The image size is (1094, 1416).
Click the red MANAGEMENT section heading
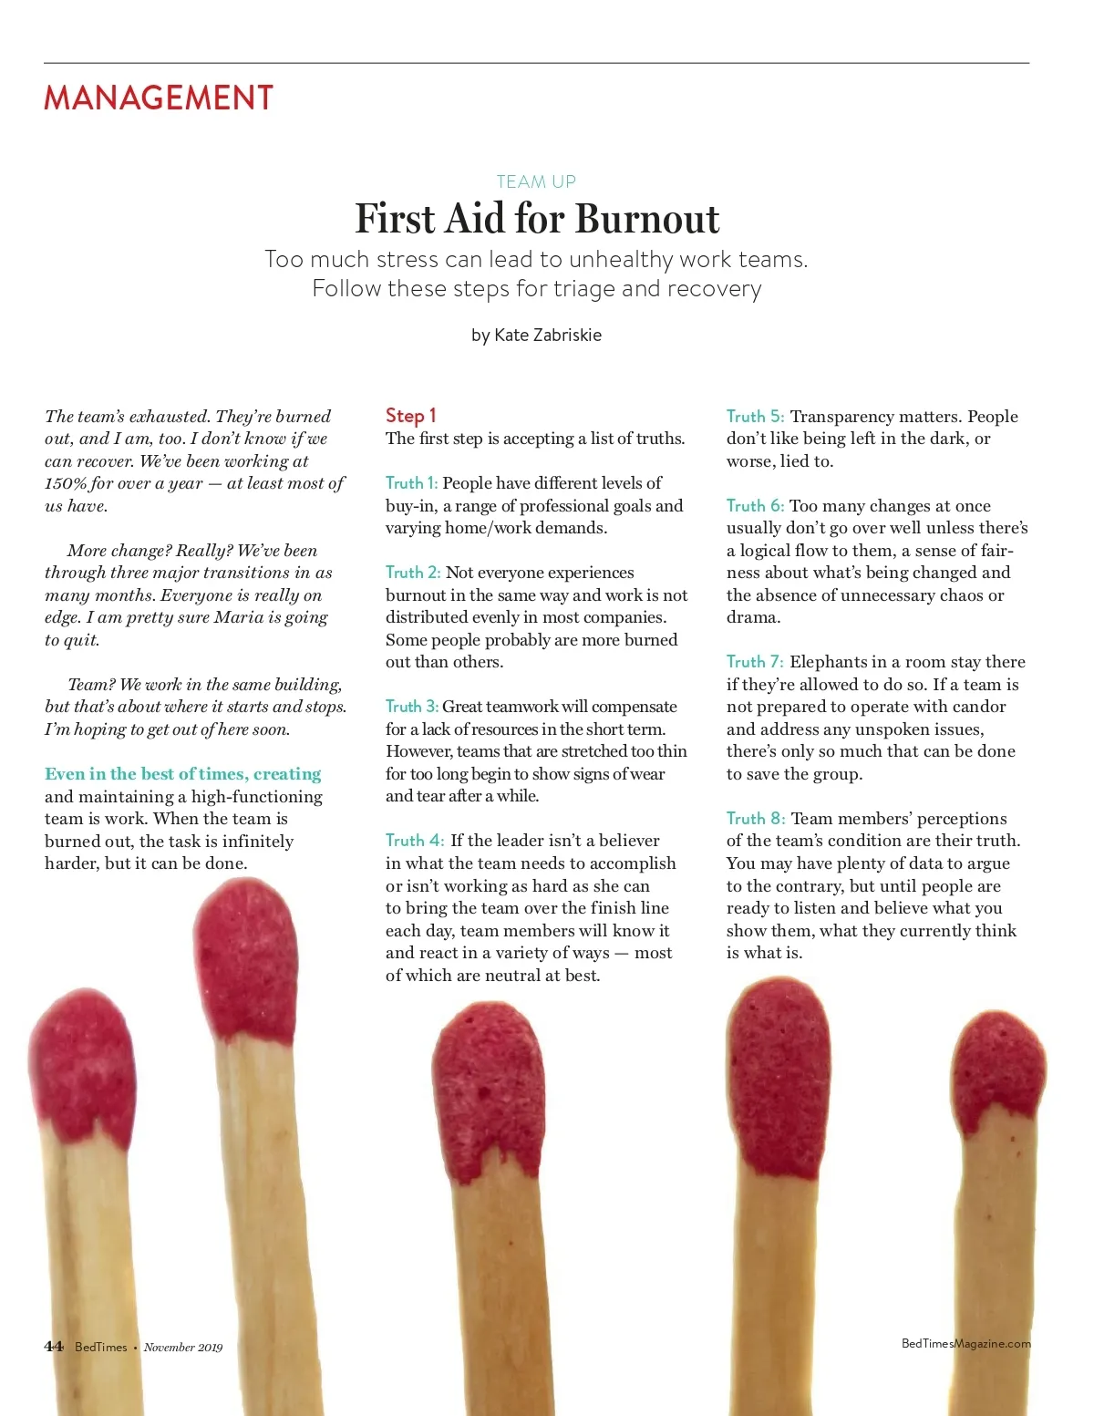point(159,98)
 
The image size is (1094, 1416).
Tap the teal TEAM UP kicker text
point(536,181)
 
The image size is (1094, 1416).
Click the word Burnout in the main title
point(647,219)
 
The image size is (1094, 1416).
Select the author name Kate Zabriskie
point(548,335)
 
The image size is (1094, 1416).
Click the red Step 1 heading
point(410,416)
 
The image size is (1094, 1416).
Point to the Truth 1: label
point(411,483)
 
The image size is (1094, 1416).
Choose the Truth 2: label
point(413,573)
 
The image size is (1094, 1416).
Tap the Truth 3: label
point(411,707)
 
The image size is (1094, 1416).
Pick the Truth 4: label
point(415,841)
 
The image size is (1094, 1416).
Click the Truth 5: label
point(755,417)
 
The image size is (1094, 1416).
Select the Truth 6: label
point(755,506)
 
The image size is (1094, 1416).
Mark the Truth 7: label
point(755,662)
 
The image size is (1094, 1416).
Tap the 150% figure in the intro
point(66,483)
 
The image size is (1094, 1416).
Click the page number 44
point(54,1347)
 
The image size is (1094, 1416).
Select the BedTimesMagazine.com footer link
point(965,1343)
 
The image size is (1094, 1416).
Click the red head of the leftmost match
point(81,1067)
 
